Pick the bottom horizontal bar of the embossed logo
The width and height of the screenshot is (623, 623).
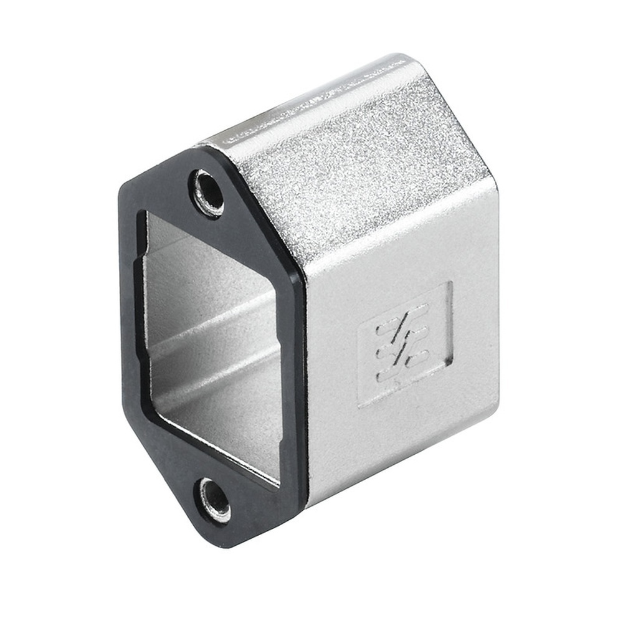[404, 368]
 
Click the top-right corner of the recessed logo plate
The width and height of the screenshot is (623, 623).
[450, 283]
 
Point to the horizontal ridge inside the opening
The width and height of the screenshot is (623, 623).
[212, 324]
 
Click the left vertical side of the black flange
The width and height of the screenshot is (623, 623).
[127, 311]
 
